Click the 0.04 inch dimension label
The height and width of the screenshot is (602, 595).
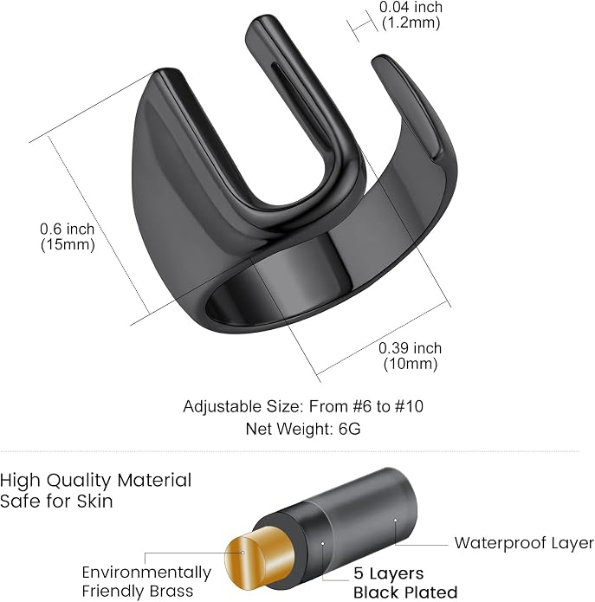(411, 7)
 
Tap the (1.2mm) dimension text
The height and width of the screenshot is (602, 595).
(411, 23)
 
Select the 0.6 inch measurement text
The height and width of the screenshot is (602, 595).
(68, 229)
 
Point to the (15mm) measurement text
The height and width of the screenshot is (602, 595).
(68, 244)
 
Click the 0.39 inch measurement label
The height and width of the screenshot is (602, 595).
(410, 348)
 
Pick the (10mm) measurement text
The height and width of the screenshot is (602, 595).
(411, 364)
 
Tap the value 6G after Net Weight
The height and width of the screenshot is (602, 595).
(349, 429)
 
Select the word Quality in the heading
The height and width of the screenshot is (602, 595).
(80, 481)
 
